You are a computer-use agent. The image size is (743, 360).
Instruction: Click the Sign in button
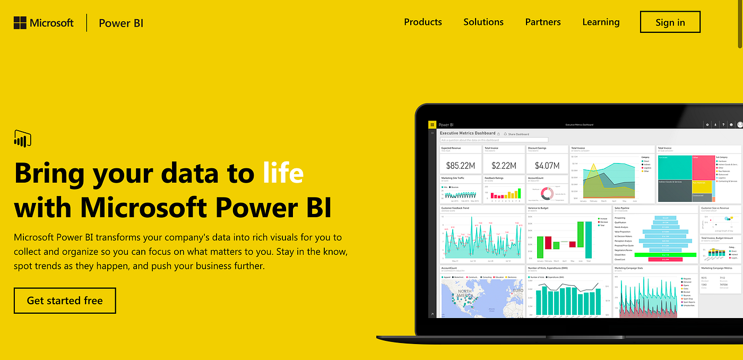670,22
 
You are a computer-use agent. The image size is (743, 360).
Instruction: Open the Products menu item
422,22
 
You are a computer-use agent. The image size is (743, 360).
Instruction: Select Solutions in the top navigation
483,22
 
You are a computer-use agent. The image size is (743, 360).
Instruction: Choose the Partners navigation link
542,22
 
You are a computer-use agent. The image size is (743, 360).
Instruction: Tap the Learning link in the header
600,22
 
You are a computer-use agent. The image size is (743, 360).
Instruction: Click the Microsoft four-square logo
20,23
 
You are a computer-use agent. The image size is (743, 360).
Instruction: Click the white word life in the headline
283,173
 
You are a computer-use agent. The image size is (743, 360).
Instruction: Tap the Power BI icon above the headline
22,138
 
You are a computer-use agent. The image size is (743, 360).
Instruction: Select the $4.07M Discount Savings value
547,166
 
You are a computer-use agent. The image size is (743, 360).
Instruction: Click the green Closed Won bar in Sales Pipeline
665,255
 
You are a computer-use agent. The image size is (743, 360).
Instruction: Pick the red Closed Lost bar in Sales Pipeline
665,260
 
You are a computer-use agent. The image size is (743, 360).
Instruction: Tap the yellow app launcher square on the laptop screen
432,124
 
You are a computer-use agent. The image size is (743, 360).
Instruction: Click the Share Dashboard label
518,134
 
